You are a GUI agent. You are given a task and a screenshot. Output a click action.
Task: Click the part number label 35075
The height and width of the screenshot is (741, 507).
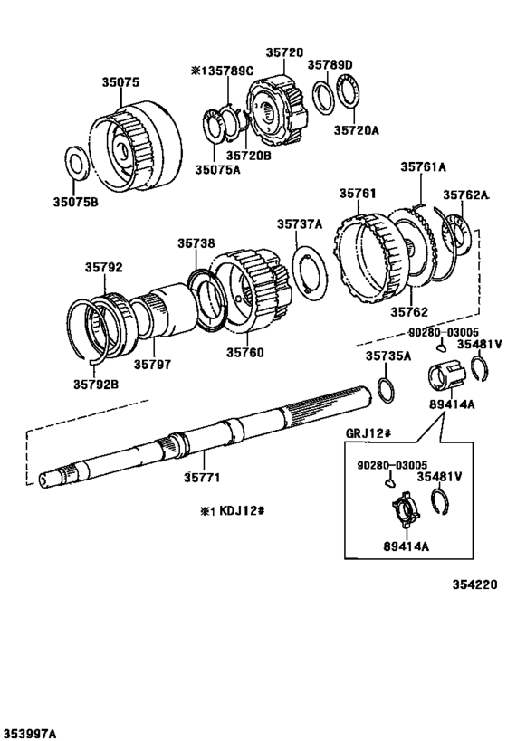pyautogui.click(x=120, y=81)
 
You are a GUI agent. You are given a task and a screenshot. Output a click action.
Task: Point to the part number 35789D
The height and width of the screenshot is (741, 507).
pyautogui.click(x=330, y=64)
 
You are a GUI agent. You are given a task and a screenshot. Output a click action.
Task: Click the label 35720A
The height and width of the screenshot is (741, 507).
pyautogui.click(x=356, y=130)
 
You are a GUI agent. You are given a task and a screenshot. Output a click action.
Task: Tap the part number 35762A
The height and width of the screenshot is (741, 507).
pyautogui.click(x=465, y=195)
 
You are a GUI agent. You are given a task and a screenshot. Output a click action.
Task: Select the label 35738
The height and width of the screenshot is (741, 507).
pyautogui.click(x=196, y=243)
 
